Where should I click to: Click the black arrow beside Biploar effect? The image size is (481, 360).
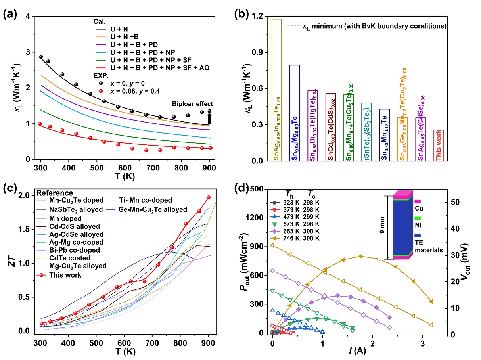(209, 119)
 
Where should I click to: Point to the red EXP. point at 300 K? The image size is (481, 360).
(40, 124)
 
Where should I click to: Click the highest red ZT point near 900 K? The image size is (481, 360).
(209, 197)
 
